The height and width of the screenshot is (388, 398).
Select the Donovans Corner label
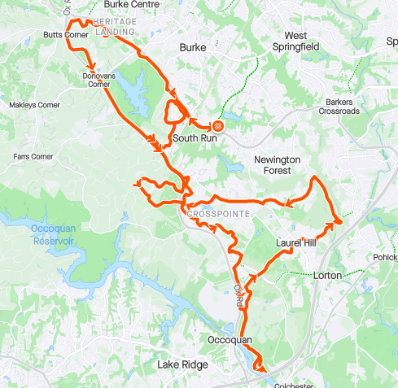click(x=97, y=79)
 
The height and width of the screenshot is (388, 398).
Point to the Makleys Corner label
click(x=34, y=106)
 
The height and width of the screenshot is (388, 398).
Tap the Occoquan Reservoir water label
click(x=54, y=234)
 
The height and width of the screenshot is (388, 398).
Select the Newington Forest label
click(x=278, y=165)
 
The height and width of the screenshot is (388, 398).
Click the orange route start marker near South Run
click(x=217, y=125)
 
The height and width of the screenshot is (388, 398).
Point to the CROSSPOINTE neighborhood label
click(x=216, y=214)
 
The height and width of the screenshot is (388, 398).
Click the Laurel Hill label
click(x=295, y=242)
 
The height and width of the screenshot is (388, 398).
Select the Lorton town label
click(x=330, y=276)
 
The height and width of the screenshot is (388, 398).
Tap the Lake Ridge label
click(x=182, y=365)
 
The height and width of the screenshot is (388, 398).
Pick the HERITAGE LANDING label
click(x=115, y=26)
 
